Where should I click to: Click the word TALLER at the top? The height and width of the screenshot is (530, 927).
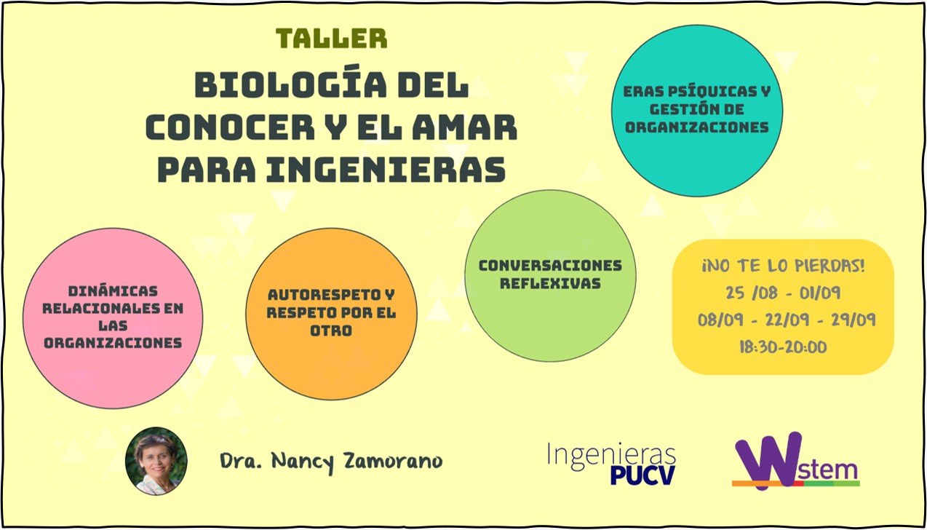click(x=332, y=39)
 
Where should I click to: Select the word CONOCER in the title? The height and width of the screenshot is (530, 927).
click(x=230, y=127)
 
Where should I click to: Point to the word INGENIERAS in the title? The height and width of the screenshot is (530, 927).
click(x=386, y=170)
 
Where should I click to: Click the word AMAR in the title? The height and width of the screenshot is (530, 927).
click(x=465, y=127)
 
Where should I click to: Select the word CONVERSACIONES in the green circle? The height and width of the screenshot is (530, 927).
click(x=550, y=266)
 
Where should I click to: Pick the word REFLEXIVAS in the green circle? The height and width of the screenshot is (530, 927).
click(x=550, y=284)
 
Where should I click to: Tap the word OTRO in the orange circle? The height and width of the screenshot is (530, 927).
click(x=331, y=331)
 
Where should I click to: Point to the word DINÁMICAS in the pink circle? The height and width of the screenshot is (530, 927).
click(x=113, y=290)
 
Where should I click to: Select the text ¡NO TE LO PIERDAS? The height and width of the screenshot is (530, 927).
click(x=784, y=266)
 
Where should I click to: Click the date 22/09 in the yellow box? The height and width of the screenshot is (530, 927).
click(x=787, y=320)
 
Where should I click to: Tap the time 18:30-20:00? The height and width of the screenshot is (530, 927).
click(x=784, y=347)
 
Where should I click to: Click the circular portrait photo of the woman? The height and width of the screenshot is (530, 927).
click(x=156, y=462)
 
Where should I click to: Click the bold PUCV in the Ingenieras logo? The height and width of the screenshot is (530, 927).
click(x=642, y=475)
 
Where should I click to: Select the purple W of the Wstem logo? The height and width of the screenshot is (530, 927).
click(x=768, y=461)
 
